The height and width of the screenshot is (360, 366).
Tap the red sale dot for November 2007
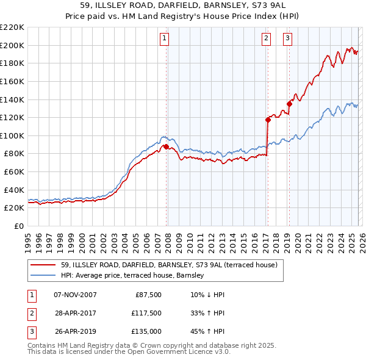(x=166, y=146)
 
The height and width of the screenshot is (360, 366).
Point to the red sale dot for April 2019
(x=289, y=104)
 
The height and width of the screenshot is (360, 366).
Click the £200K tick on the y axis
(x=12, y=45)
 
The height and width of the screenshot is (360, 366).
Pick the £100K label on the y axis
(x=12, y=135)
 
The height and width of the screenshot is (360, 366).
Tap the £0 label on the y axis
(x=19, y=226)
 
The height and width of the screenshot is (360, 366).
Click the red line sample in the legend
(x=43, y=265)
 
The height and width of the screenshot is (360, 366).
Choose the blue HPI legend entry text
(x=132, y=276)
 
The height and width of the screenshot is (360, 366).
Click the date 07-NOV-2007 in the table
(x=75, y=295)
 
